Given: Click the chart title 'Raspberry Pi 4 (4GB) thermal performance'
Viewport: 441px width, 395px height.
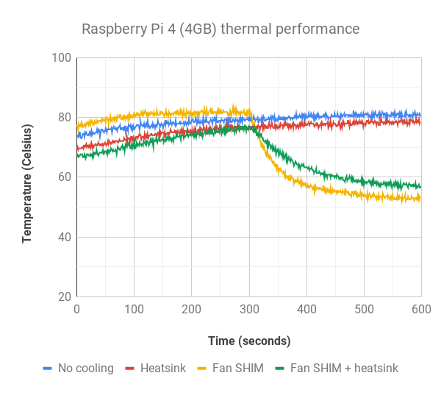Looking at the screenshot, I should click(x=220, y=29).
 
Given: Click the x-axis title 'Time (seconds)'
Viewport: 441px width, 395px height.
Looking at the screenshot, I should click(x=249, y=341).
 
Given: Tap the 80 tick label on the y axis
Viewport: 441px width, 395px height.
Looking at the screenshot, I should click(x=63, y=118).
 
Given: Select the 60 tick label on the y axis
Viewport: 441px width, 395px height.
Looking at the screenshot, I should click(x=63, y=177).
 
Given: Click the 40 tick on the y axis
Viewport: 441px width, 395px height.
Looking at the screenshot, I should click(x=63, y=238).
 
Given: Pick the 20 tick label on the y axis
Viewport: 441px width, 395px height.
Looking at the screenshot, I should click(x=63, y=297).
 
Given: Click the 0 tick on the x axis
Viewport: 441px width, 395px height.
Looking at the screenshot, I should click(x=76, y=310).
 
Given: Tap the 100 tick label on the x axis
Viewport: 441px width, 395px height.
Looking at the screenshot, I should click(x=134, y=310).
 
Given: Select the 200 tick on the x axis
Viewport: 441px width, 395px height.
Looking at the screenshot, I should click(x=191, y=310).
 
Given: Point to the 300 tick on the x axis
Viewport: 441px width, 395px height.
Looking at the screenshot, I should click(x=249, y=310).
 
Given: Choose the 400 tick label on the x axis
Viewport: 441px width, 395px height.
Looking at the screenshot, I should click(x=306, y=310).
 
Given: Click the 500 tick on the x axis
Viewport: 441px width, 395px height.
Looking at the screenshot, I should click(x=364, y=310).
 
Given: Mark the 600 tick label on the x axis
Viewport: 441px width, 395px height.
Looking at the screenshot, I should click(x=421, y=310).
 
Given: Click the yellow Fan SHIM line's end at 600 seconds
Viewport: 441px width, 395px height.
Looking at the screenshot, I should click(x=420, y=197).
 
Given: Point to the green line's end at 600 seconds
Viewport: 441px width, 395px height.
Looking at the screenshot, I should click(x=420, y=187).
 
